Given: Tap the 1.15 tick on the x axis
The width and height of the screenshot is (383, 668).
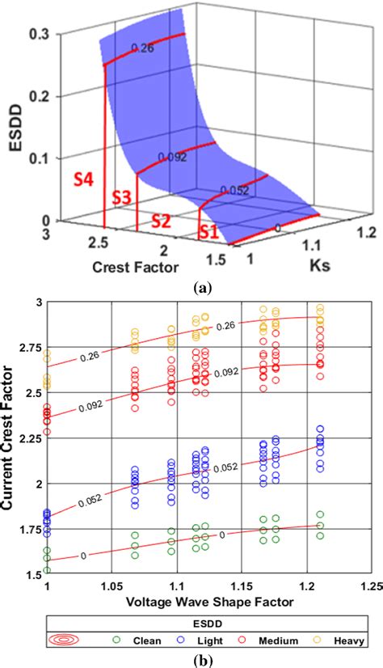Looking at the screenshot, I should [242, 585].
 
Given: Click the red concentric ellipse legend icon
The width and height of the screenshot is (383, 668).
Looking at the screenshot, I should [65, 641].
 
